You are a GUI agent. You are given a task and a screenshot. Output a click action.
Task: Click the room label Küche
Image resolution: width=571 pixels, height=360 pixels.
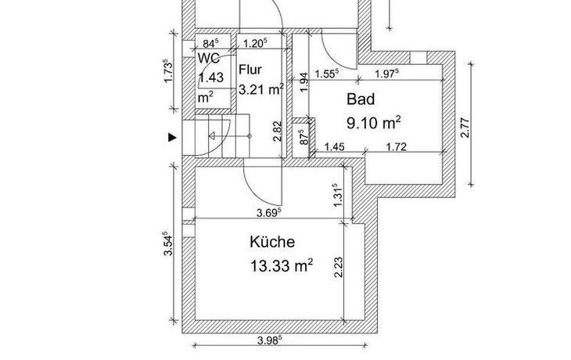pos(272,242)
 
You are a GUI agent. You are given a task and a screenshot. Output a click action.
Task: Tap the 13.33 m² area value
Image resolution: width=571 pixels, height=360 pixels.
pos(281,265)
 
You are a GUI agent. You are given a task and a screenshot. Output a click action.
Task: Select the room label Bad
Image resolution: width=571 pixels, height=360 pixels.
pos(361,99)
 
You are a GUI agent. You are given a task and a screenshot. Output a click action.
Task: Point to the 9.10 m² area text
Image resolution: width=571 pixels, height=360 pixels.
pos(374,123)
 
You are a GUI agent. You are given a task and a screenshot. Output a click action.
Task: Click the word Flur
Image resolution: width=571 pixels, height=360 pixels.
pos(250,69)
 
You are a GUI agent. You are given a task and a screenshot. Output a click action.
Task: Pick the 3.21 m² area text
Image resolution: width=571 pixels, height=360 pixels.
pos(260,89)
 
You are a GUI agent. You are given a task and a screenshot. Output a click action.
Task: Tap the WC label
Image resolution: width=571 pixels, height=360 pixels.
pos(209,58)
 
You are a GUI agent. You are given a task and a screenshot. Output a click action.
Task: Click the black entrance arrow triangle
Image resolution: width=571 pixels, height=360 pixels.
pos(172,138)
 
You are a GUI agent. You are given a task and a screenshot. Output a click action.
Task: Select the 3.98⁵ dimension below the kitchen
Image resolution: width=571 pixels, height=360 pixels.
pos(270,340)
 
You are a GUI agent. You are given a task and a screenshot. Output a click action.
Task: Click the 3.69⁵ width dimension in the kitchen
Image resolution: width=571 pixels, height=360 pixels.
pos(269,212)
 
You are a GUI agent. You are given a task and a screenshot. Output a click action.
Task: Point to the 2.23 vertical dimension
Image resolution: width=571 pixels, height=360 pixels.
pos(339,268)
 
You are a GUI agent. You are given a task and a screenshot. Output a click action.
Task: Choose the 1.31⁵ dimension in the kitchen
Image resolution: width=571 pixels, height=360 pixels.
pos(338,196)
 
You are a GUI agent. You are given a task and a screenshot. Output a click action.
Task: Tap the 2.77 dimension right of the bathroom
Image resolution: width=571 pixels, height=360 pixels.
pos(465,128)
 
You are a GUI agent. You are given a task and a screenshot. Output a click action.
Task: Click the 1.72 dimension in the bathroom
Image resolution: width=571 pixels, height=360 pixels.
pos(397,147)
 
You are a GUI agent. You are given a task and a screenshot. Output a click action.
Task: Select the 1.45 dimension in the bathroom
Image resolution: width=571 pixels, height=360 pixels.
pos(334,147)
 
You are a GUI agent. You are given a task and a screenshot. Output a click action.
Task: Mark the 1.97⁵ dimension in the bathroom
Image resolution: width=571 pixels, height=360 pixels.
pos(386,74)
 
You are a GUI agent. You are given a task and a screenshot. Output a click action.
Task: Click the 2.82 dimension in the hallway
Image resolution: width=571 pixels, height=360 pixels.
pos(278,131)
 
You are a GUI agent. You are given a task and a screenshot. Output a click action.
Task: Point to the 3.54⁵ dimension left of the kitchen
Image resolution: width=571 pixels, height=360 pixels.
pos(168,243)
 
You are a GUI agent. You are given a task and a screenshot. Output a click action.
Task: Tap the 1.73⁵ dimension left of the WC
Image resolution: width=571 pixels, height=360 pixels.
pos(168,71)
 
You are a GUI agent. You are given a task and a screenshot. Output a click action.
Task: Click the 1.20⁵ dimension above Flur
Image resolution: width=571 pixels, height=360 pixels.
pos(255,43)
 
